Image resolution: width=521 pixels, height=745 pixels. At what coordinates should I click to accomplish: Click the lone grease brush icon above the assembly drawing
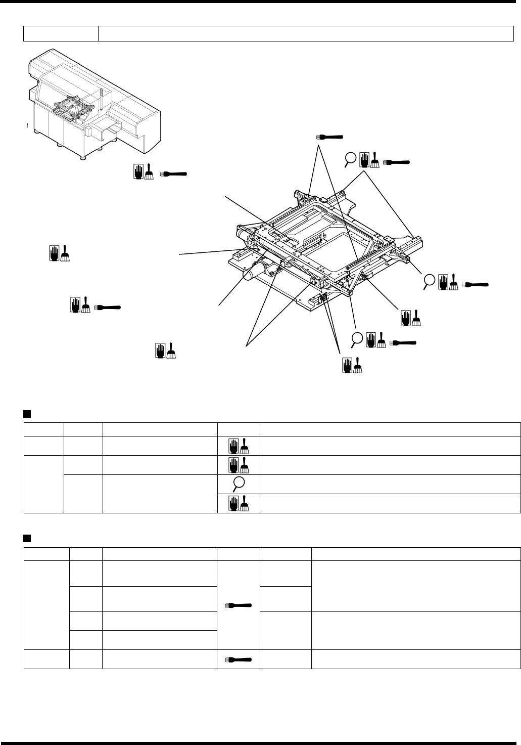click(329, 137)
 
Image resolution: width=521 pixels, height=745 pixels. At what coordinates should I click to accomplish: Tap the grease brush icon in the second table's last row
click(239, 660)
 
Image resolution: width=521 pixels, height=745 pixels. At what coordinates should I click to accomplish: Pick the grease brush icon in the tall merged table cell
click(239, 604)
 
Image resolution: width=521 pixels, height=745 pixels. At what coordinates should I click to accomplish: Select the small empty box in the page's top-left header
click(61, 33)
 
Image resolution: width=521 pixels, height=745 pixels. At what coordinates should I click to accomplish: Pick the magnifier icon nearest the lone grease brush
click(350, 160)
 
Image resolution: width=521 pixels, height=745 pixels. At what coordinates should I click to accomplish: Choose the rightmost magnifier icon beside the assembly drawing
click(430, 281)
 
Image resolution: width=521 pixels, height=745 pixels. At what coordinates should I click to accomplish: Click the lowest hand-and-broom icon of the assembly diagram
click(352, 365)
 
